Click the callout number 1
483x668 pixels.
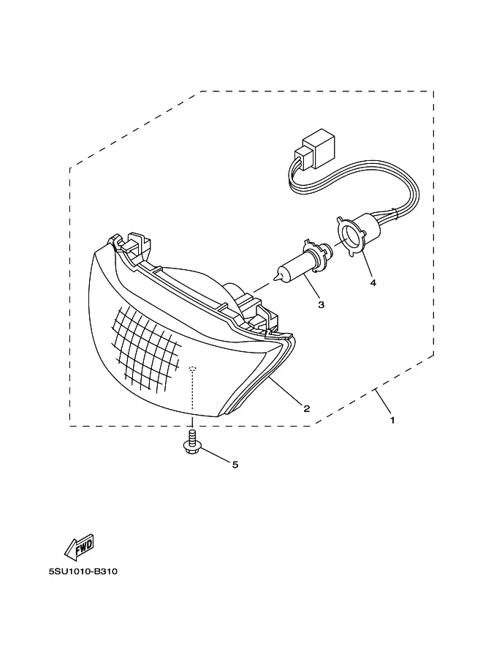(x=392, y=421)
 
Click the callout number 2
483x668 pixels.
(x=307, y=408)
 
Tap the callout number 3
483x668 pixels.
(x=321, y=304)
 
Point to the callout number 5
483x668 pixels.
(x=235, y=464)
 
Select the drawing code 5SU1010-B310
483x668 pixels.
(x=83, y=571)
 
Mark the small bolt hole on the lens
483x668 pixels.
(x=192, y=368)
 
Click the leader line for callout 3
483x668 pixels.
(x=312, y=288)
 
